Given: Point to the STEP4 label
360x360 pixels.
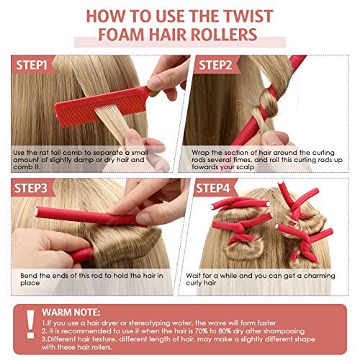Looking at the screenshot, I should point(214,189).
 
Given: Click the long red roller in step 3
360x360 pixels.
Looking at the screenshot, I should point(79,216).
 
